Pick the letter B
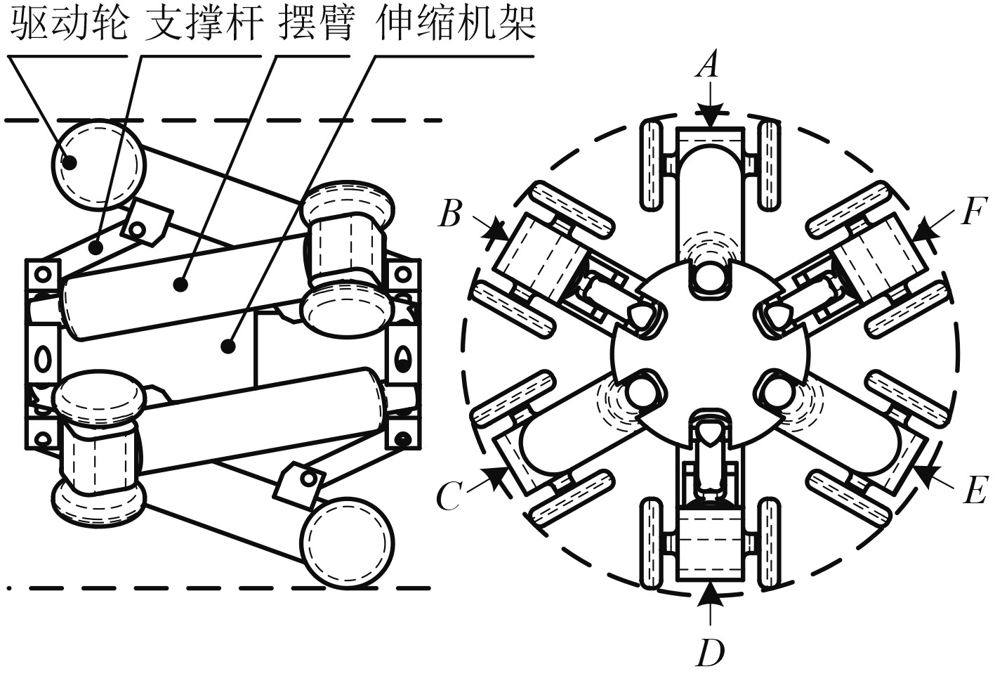450,213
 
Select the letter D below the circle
710,653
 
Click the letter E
975,491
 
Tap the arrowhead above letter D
710,594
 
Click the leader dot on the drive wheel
70,161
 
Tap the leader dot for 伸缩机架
226,345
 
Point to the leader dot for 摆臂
180,285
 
